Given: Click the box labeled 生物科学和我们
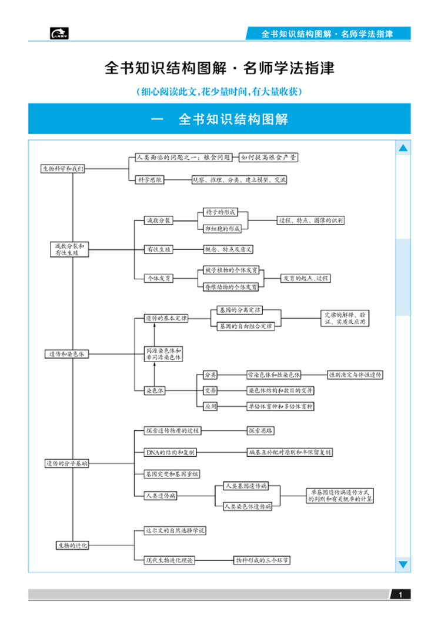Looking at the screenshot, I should tap(63, 168).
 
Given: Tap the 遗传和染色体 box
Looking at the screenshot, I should tap(66, 354).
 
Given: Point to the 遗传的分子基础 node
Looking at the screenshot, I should tap(67, 463).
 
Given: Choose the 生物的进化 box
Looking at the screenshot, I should tap(72, 545).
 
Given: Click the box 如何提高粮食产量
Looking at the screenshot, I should tap(268, 158).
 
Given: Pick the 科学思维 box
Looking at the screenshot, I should tap(149, 179).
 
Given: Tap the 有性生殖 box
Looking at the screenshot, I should tap(159, 249).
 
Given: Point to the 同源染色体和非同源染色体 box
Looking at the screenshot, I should tap(163, 354).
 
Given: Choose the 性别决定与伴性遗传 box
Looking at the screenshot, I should tap(355, 374).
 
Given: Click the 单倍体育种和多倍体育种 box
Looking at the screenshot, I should tap(280, 406).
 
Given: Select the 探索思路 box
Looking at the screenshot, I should tap(260, 431).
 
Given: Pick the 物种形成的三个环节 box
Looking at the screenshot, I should tap(262, 560).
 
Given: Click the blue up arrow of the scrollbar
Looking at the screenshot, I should tap(403, 149).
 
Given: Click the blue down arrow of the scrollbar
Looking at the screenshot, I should tap(403, 565).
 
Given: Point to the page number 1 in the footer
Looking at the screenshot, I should tap(400, 595).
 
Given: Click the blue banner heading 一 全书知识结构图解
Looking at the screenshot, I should tap(219, 119).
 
